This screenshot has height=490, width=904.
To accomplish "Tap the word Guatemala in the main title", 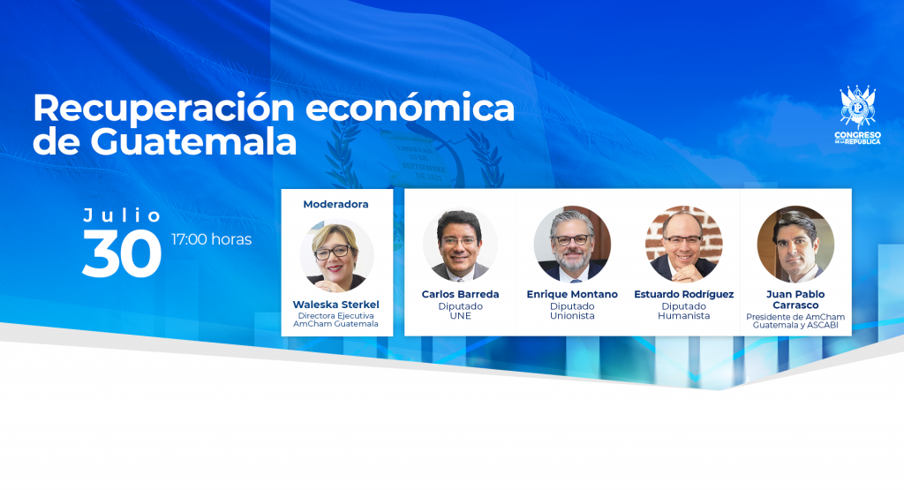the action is pyautogui.click(x=193, y=142).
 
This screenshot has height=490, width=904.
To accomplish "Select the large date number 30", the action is pyautogui.click(x=122, y=253).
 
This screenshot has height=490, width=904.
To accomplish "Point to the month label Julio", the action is pyautogui.click(x=122, y=215).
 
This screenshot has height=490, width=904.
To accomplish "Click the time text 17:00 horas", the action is pyautogui.click(x=212, y=239).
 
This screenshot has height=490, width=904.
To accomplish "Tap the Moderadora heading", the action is pyautogui.click(x=335, y=204).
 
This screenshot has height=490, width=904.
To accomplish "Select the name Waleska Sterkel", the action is pyautogui.click(x=336, y=305).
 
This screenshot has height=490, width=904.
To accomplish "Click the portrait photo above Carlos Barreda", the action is pyautogui.click(x=460, y=245).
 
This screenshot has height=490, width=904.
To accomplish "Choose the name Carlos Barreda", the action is pyautogui.click(x=460, y=294).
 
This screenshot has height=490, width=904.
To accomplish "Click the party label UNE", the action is pyautogui.click(x=461, y=316).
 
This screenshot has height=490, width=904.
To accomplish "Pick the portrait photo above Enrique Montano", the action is pyautogui.click(x=572, y=244).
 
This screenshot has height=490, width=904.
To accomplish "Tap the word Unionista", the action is pyautogui.click(x=572, y=316).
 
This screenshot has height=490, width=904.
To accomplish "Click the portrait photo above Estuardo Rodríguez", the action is pyautogui.click(x=684, y=244).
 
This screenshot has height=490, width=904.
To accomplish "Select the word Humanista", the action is pyautogui.click(x=684, y=316).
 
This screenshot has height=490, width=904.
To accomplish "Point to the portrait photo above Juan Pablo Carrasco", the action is pyautogui.click(x=795, y=244).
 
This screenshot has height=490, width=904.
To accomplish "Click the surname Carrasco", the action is pyautogui.click(x=795, y=305).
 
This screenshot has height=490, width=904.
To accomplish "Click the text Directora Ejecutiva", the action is pyautogui.click(x=336, y=316).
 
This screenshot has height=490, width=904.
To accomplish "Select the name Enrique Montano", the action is pyautogui.click(x=572, y=294).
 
